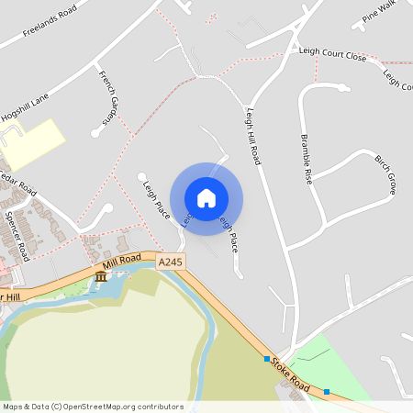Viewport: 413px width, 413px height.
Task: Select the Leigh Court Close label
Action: tap(332, 54)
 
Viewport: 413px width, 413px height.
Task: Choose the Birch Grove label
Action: tap(385, 173)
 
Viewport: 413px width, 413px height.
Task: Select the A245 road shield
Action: tap(170, 262)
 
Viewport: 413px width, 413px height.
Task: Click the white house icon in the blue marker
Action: tap(206, 198)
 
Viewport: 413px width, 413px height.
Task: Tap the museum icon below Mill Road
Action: tap(100, 276)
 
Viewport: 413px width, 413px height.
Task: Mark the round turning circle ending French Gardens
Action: tap(95, 134)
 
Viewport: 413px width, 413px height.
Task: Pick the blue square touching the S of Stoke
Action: tap(267, 358)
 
